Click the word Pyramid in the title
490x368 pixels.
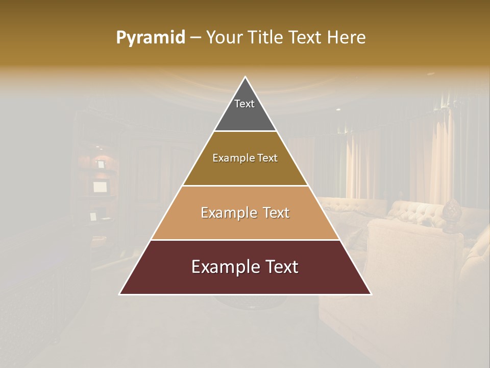[150, 38]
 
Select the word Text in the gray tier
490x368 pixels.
[244, 104]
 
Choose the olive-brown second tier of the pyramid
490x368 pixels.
[245, 172]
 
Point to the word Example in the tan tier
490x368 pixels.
[227, 213]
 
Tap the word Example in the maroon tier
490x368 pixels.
[223, 267]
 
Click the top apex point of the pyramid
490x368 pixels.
[246, 78]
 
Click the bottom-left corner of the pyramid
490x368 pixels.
[120, 294]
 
